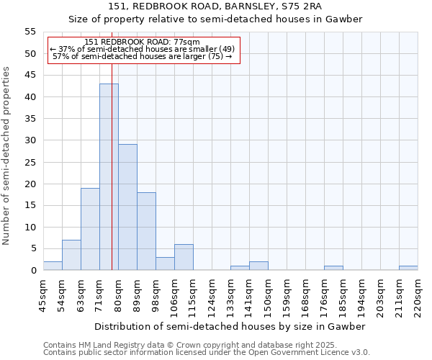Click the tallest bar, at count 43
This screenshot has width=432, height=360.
click(x=109, y=177)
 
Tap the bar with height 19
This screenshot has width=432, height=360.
click(x=90, y=229)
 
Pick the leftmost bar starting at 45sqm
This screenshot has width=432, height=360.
click(x=53, y=266)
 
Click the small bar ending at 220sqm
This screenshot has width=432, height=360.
click(x=408, y=268)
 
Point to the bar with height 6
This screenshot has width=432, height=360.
click(x=184, y=257)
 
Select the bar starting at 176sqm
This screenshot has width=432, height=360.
click(x=333, y=268)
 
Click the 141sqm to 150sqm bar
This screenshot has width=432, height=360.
click(x=258, y=266)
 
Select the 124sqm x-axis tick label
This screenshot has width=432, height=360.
click(x=212, y=294)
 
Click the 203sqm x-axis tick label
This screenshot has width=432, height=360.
click(x=380, y=294)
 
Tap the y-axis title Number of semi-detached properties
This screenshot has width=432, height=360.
click(x=7, y=155)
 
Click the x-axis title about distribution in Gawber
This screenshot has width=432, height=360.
click(x=230, y=326)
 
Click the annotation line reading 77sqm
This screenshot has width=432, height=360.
click(x=142, y=42)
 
